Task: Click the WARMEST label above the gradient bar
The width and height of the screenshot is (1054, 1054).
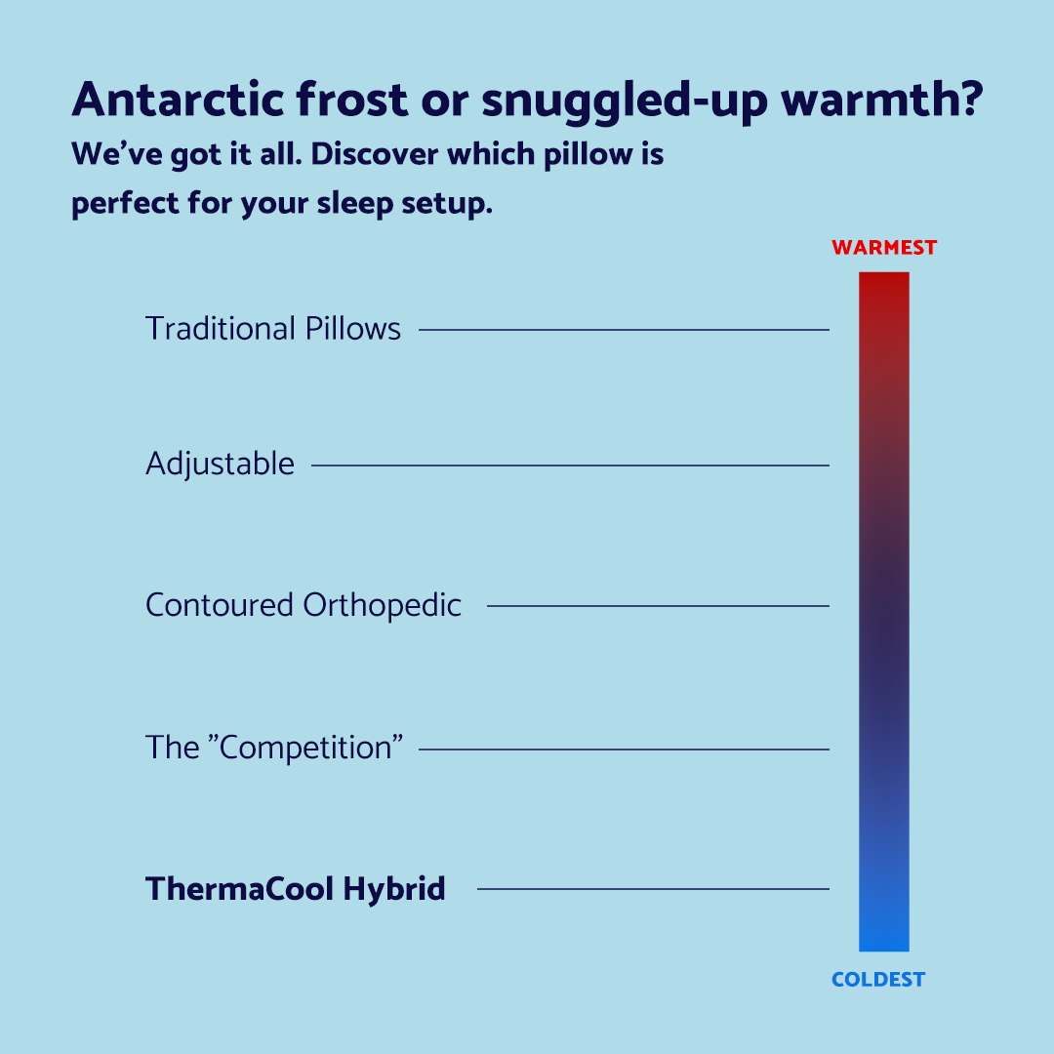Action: tap(884, 247)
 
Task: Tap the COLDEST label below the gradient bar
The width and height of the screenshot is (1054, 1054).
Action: tap(878, 980)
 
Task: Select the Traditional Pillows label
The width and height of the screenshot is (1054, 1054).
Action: tap(273, 329)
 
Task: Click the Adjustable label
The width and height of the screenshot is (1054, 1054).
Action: tap(220, 465)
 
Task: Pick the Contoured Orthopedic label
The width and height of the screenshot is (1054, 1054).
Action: tap(304, 606)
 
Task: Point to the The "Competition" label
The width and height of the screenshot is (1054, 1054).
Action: tap(274, 747)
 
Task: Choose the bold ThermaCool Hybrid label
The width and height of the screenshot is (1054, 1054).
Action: tap(295, 889)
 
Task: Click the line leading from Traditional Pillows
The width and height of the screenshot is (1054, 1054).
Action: tap(624, 330)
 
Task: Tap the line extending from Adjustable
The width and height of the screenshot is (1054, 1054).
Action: tap(570, 466)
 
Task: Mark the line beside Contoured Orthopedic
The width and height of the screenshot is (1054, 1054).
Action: tap(658, 606)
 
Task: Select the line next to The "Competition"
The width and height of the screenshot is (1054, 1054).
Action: tap(624, 749)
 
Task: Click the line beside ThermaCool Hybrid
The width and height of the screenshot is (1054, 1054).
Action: tap(653, 889)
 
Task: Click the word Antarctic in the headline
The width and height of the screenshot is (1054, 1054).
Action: tap(179, 100)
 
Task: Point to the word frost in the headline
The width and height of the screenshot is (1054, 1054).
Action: tap(351, 100)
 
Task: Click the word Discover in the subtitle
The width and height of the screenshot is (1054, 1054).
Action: tap(375, 154)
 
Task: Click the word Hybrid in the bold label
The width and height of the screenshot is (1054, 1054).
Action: tap(394, 889)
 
